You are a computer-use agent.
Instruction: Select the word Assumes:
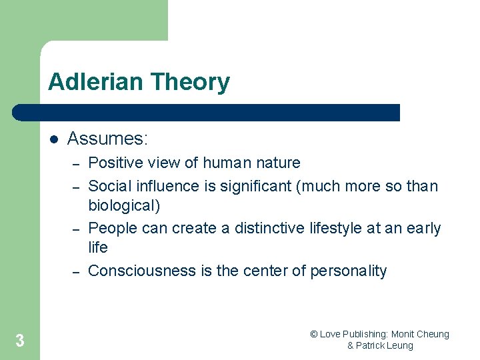tap(107, 139)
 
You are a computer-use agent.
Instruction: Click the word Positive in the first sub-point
tap(114, 163)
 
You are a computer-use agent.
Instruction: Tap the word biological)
tap(124, 205)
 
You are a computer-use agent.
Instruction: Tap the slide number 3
tap(20, 341)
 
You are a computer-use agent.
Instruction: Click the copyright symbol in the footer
tap(314, 334)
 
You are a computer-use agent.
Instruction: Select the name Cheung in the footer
tap(433, 334)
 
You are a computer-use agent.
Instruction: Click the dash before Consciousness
tap(76, 271)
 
